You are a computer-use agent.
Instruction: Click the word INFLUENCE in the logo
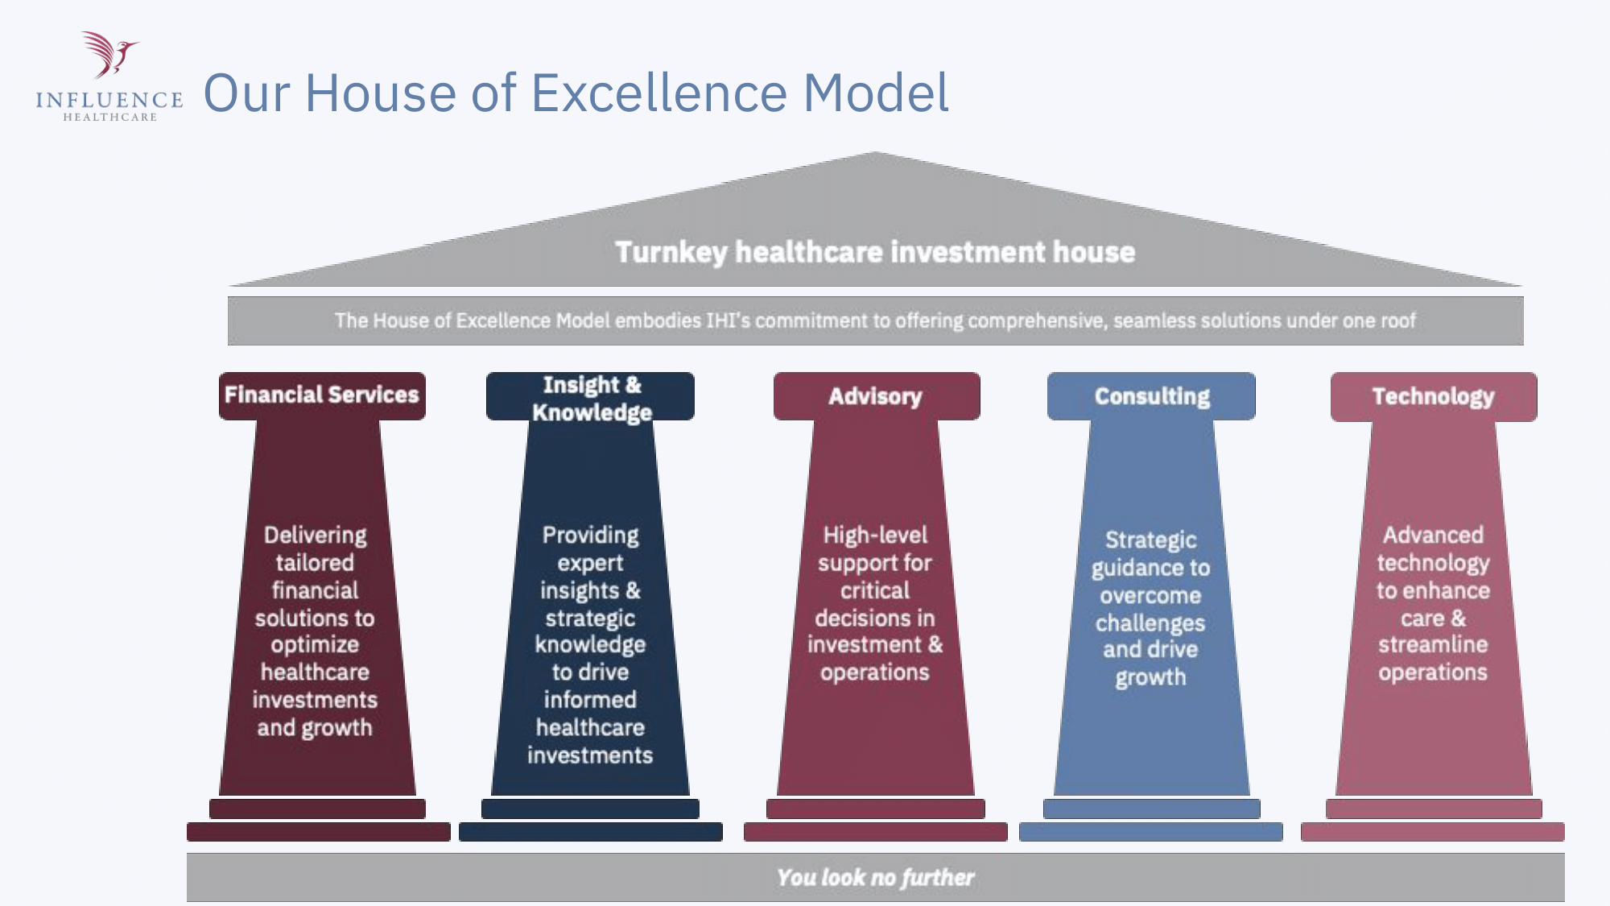coord(109,100)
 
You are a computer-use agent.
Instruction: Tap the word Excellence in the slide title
coord(659,93)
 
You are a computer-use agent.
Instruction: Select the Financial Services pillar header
coord(322,395)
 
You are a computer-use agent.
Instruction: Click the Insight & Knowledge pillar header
coord(590,396)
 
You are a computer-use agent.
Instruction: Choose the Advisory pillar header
coord(877,396)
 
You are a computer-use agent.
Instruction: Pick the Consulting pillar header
coord(1151,396)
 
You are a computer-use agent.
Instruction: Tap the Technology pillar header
coord(1434,397)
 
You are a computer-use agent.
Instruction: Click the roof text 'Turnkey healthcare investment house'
coord(875,252)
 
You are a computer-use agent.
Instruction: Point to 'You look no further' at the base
coord(876,877)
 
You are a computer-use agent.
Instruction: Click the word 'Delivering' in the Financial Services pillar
coord(316,536)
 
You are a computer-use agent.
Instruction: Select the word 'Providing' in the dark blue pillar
coord(590,536)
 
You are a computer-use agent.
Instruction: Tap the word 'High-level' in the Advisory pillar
coord(875,536)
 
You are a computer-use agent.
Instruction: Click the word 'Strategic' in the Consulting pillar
coord(1151,540)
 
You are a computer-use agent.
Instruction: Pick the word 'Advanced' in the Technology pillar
coord(1433,536)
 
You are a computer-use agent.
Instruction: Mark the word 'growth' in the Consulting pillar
coord(1151,678)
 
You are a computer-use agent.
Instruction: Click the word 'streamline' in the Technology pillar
coord(1433,644)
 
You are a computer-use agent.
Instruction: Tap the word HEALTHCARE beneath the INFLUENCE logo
coord(110,118)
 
